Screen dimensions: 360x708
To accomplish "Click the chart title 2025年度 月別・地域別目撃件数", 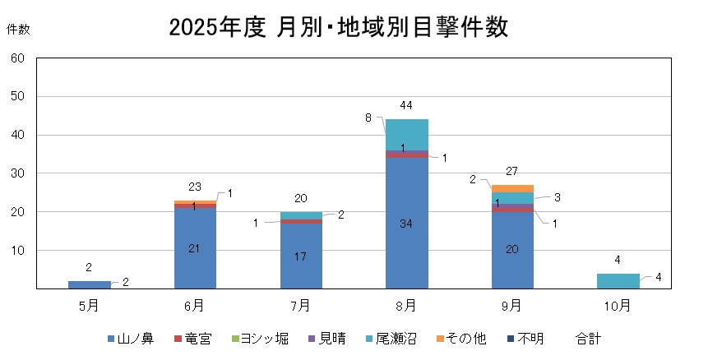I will click(339, 27).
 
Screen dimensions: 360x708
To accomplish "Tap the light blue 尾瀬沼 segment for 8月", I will click(407, 135).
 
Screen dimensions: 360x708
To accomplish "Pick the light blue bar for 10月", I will click(618, 281).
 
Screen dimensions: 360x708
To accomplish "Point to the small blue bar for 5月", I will click(90, 284).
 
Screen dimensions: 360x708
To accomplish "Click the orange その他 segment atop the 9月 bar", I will click(512, 188).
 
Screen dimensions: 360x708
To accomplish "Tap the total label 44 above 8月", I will click(406, 106).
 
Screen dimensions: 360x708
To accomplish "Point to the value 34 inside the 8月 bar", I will click(406, 224).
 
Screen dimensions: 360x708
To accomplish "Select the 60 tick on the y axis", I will click(18, 58).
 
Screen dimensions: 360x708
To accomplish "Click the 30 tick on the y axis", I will click(18, 173).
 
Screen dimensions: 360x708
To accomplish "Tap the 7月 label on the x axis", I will click(301, 306).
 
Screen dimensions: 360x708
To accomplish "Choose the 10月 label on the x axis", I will click(618, 306).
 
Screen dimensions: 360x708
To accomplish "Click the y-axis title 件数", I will click(18, 30).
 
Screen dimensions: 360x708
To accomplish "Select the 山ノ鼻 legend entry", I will click(130, 339).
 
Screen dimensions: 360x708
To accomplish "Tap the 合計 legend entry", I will click(589, 339).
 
